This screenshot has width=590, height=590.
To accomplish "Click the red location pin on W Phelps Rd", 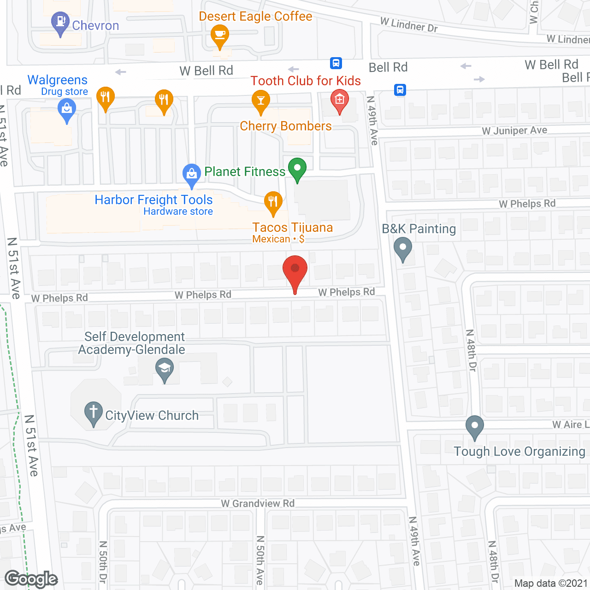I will pos(295,270).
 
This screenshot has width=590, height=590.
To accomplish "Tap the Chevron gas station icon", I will pos(60,22).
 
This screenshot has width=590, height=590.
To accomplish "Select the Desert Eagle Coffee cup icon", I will pos(220,35).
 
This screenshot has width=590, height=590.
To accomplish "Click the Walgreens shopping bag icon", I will pos(67,110).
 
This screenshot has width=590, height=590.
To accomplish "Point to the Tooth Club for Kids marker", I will pos(340,100).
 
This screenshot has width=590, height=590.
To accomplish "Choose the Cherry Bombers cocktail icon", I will pos(261,101).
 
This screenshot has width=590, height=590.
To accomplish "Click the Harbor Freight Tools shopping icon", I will pos(192,174).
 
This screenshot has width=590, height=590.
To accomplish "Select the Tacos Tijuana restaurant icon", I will pos(273,202).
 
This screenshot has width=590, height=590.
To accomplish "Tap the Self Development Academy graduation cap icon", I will pos(165,369).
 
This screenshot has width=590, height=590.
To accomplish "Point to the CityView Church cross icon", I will pos(94,412).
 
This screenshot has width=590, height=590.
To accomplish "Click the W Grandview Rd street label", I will pos(258,503).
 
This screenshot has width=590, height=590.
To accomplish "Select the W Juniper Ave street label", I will pos(514,130).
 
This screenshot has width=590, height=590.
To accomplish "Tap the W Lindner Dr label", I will pos(409,24).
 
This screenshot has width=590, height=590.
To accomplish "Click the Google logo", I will pos(31,579).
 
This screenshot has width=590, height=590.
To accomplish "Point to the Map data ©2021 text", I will pos(551,584).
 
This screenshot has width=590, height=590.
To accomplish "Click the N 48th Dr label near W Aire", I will pos(471,350).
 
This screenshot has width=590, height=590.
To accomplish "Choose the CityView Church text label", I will pos(152,415).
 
